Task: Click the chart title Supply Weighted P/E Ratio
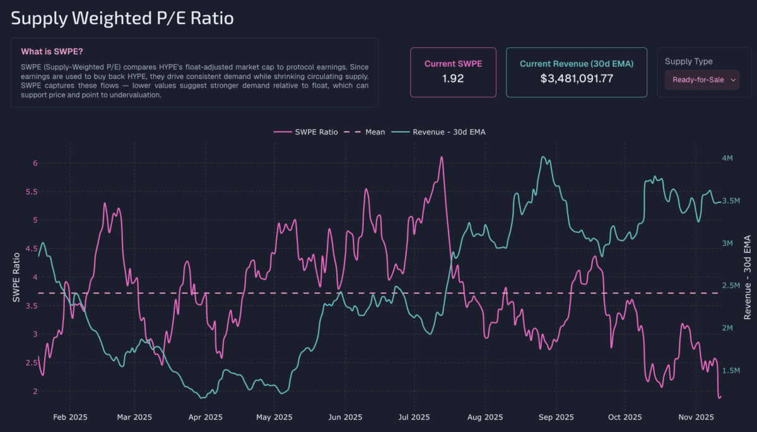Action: point(122,18)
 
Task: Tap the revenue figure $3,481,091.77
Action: point(577,79)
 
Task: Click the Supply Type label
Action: point(689,61)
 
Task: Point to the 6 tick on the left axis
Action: point(35,163)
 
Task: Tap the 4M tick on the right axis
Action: point(727,158)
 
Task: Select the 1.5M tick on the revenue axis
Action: point(730,371)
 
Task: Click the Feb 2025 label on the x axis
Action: point(70,417)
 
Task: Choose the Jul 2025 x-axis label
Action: point(414,417)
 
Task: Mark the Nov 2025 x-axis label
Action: point(695,417)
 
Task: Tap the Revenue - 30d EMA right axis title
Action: point(747,277)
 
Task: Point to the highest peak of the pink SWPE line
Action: point(442,157)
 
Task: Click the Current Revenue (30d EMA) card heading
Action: point(577,64)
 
